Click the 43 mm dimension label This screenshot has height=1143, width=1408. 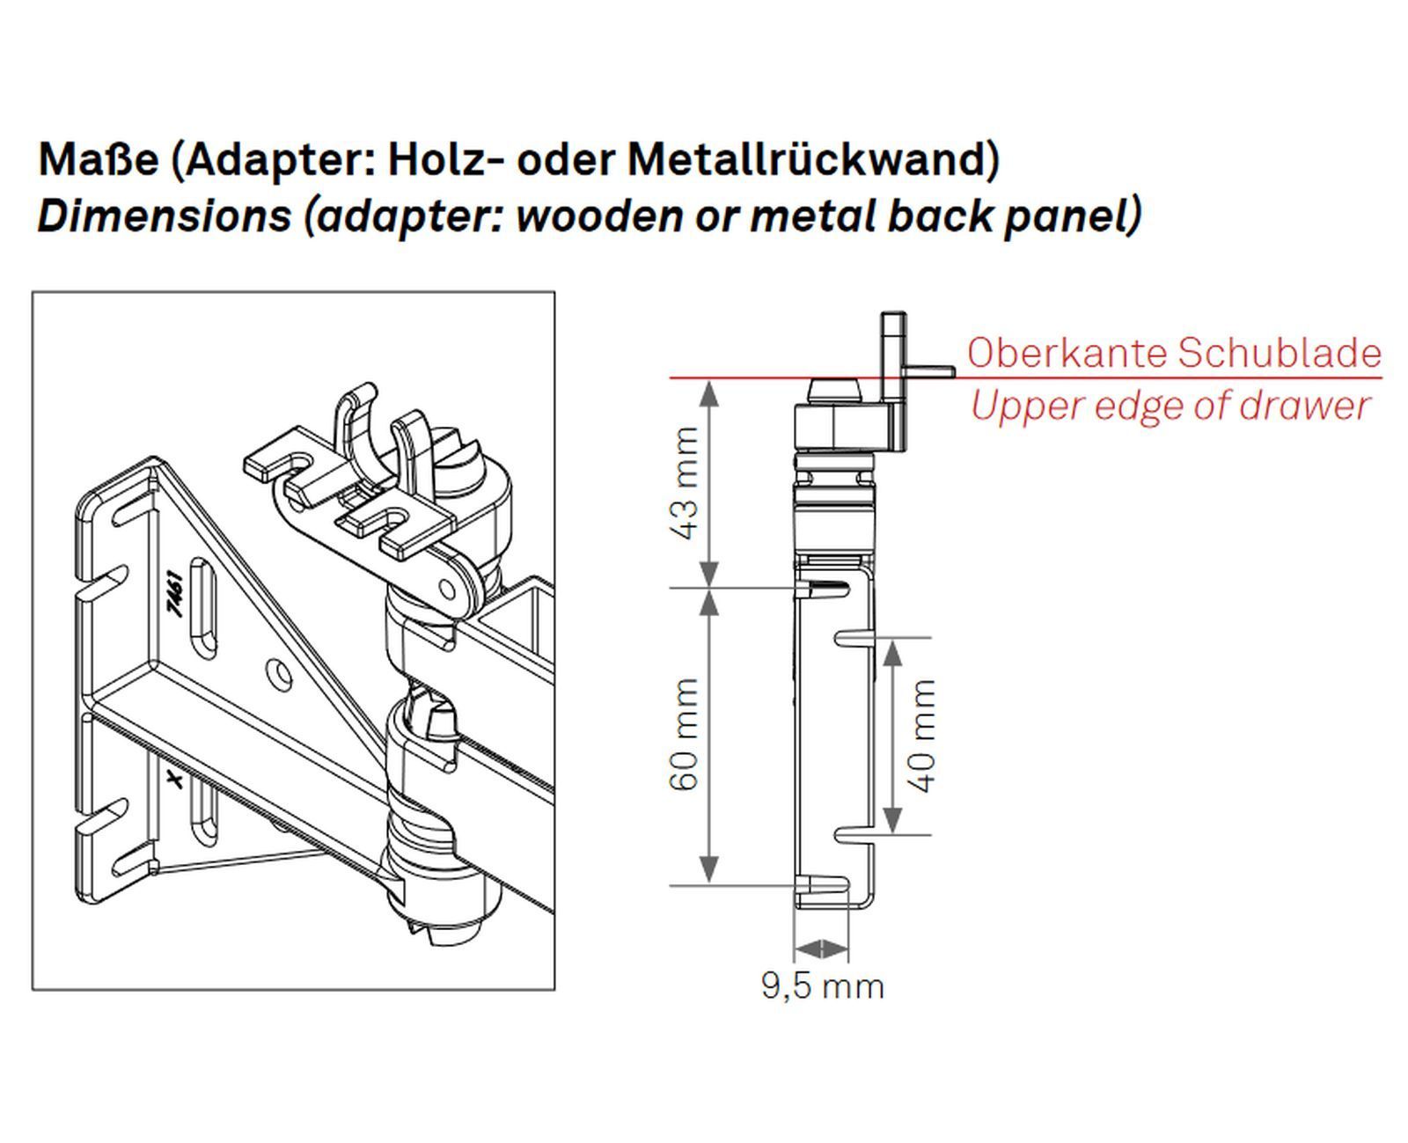[685, 483]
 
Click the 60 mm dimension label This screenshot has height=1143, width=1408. [685, 734]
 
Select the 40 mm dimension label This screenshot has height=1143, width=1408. [921, 736]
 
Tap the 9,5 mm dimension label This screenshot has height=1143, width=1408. [822, 985]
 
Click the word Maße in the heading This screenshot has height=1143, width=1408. [98, 160]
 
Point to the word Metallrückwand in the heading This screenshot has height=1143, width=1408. [813, 160]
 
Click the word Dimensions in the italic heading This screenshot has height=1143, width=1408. [164, 216]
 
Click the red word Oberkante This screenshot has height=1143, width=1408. [1066, 353]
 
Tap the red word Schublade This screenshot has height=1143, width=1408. [1279, 353]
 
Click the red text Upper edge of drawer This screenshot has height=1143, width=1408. [1170, 407]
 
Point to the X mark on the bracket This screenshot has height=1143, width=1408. [174, 779]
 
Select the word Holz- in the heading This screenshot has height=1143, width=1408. [445, 160]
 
